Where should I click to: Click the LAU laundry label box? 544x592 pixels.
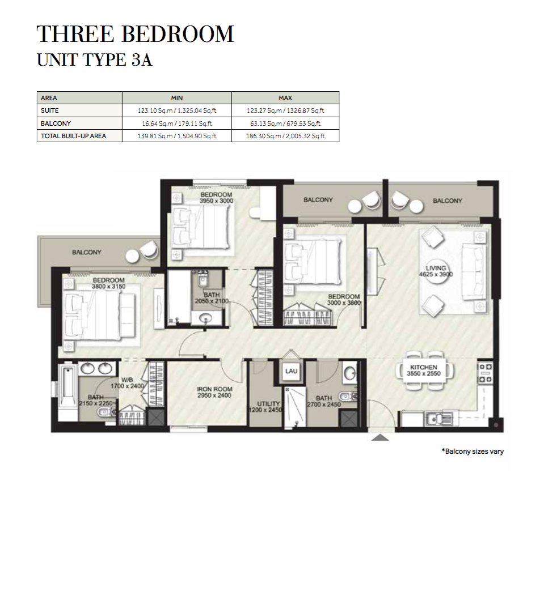pyautogui.click(x=291, y=371)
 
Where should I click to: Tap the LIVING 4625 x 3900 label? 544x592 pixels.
pyautogui.click(x=436, y=271)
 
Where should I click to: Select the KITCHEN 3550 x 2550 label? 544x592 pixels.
pyautogui.click(x=423, y=370)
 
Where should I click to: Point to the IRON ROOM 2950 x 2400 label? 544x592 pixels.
pyautogui.click(x=214, y=392)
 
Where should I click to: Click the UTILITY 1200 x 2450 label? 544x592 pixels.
pyautogui.click(x=266, y=407)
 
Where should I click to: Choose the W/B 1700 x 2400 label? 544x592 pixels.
pyautogui.click(x=127, y=383)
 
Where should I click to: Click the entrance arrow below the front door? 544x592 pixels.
pyautogui.click(x=380, y=437)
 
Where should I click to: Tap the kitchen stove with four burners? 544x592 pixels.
pyautogui.click(x=485, y=373)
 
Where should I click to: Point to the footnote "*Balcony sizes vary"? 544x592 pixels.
pyautogui.click(x=473, y=451)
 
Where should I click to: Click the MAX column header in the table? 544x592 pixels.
pyautogui.click(x=285, y=98)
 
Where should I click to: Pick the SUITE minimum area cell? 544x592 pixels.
pyautogui.click(x=177, y=110)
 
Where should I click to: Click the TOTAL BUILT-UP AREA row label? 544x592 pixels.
pyautogui.click(x=73, y=136)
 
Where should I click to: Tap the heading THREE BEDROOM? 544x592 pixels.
pyautogui.click(x=136, y=34)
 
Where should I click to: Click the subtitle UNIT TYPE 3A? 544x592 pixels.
pyautogui.click(x=95, y=60)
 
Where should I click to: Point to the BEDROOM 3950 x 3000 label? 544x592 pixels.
pyautogui.click(x=216, y=198)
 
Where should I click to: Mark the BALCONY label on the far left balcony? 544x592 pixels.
pyautogui.click(x=87, y=252)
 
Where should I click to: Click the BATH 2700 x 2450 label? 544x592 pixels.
pyautogui.click(x=324, y=401)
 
